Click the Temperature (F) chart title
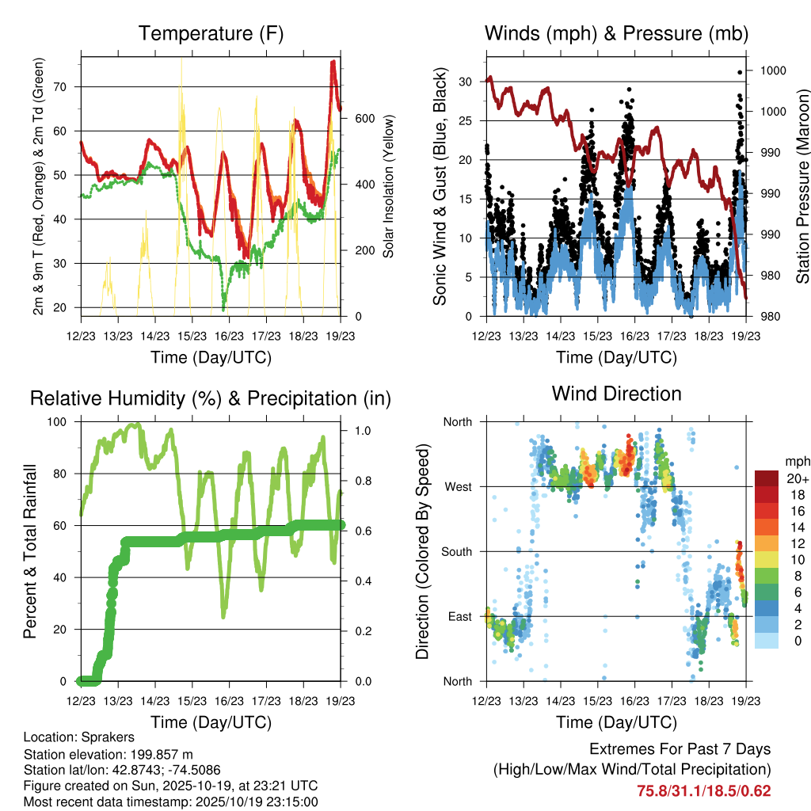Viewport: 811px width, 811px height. point(211,33)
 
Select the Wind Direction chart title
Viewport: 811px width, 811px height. point(616,393)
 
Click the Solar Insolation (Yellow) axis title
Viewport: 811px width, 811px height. point(389,186)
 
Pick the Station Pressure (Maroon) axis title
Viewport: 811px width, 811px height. point(801,186)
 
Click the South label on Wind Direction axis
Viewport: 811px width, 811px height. point(455,551)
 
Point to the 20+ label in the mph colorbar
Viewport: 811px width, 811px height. point(794,478)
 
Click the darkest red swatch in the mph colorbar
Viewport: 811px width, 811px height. point(766,478)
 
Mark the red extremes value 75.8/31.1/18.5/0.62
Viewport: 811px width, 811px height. point(703,790)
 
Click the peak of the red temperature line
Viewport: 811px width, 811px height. point(333,61)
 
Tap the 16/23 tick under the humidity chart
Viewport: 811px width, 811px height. point(228,701)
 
